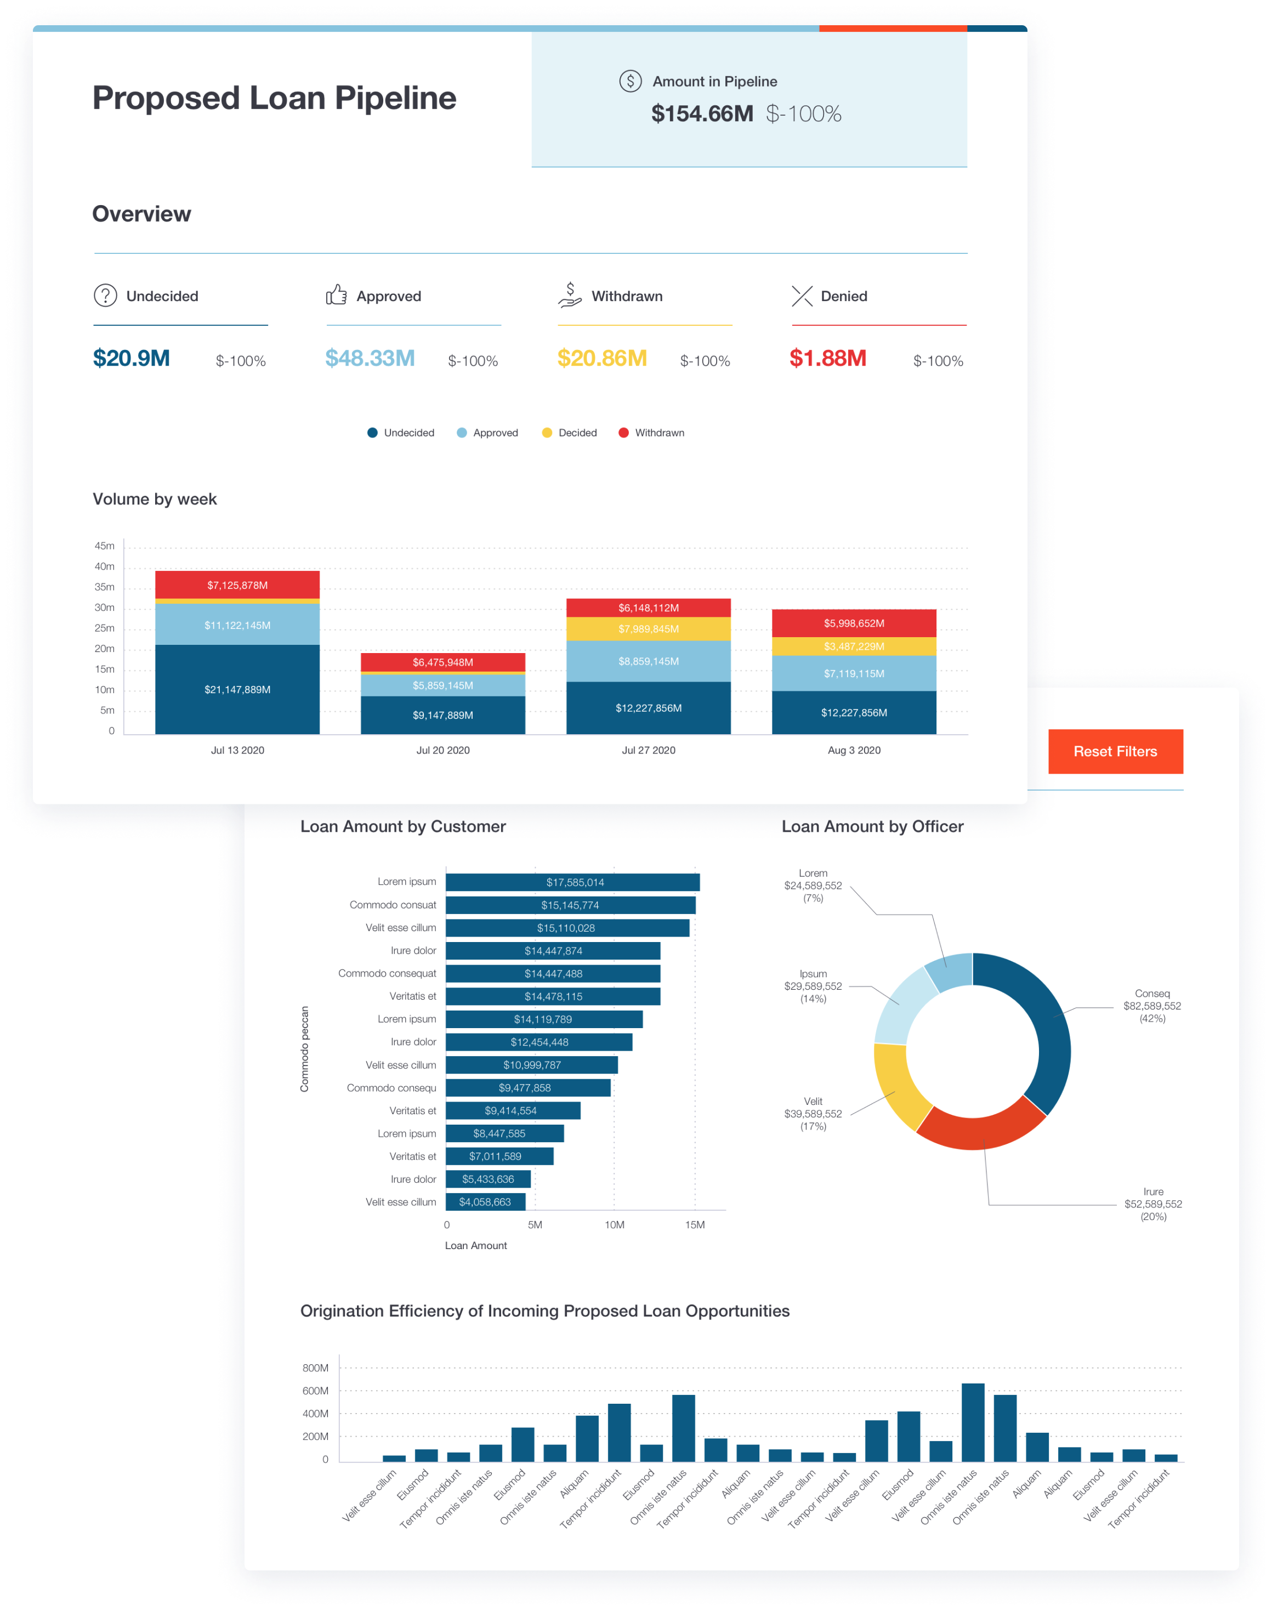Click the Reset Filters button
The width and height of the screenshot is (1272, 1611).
tap(1115, 752)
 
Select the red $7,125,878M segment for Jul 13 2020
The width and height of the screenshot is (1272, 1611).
tap(237, 585)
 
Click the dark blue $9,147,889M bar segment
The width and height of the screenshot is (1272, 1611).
tap(442, 715)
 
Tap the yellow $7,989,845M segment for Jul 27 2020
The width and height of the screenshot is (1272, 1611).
tap(648, 628)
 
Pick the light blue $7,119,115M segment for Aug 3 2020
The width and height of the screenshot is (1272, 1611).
tap(854, 673)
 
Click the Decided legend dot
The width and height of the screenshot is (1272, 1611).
tap(547, 433)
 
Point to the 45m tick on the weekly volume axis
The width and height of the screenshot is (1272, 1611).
tap(104, 546)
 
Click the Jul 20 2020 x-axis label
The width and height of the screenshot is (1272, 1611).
tap(442, 750)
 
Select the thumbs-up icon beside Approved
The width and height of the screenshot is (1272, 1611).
tap(337, 295)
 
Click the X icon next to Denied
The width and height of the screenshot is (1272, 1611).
tap(802, 296)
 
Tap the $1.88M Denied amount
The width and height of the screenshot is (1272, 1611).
tap(827, 358)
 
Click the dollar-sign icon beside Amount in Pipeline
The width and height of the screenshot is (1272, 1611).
tap(630, 81)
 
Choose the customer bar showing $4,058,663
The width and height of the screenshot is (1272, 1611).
tap(485, 1202)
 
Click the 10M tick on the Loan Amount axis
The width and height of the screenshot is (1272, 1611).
tap(615, 1224)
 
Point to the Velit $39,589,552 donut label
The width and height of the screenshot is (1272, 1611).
tap(813, 1114)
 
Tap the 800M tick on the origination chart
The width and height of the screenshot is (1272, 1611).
tap(315, 1368)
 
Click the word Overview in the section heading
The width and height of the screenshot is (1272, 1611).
tap(141, 214)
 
